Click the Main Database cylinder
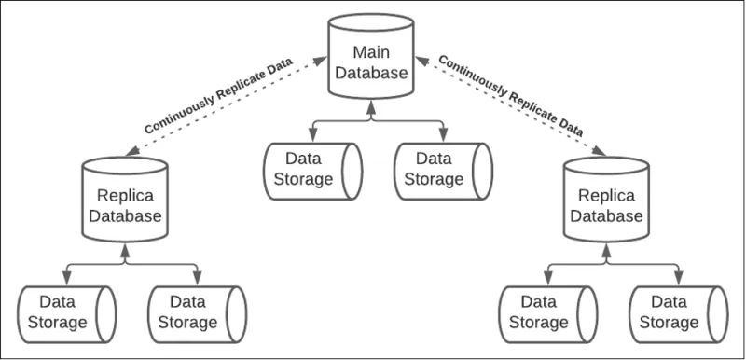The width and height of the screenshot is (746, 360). click(x=371, y=61)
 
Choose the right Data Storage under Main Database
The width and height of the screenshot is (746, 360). click(x=439, y=170)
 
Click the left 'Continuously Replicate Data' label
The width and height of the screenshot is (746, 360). click(x=219, y=96)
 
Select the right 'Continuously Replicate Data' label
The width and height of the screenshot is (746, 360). click(x=510, y=96)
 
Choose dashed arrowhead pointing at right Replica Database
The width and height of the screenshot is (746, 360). click(x=600, y=151)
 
